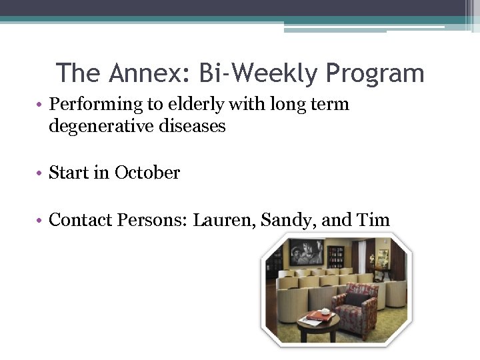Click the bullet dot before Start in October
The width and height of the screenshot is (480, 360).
point(41,173)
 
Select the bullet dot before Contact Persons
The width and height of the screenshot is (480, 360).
point(41,220)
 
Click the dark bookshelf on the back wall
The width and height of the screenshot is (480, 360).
point(336,257)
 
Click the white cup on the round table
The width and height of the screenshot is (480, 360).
point(325,311)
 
